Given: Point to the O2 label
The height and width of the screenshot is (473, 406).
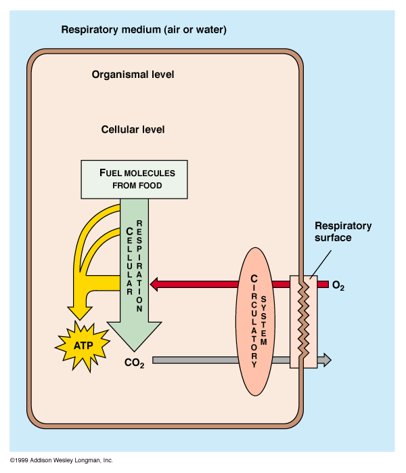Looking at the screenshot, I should (338, 286).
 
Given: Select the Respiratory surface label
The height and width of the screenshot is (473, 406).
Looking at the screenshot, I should (343, 232).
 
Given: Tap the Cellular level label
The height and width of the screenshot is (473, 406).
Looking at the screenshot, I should (133, 129).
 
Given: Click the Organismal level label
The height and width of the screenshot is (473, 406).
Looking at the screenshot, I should (133, 74).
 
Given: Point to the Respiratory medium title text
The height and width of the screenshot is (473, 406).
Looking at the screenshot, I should (143, 30).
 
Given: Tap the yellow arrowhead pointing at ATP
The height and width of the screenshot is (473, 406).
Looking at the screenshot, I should (79, 312).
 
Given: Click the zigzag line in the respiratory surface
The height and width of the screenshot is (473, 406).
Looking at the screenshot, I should (302, 318).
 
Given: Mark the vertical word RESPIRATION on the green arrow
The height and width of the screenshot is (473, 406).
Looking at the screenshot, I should (139, 265).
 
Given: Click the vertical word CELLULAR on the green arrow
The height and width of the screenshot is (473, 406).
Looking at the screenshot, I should (128, 262).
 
